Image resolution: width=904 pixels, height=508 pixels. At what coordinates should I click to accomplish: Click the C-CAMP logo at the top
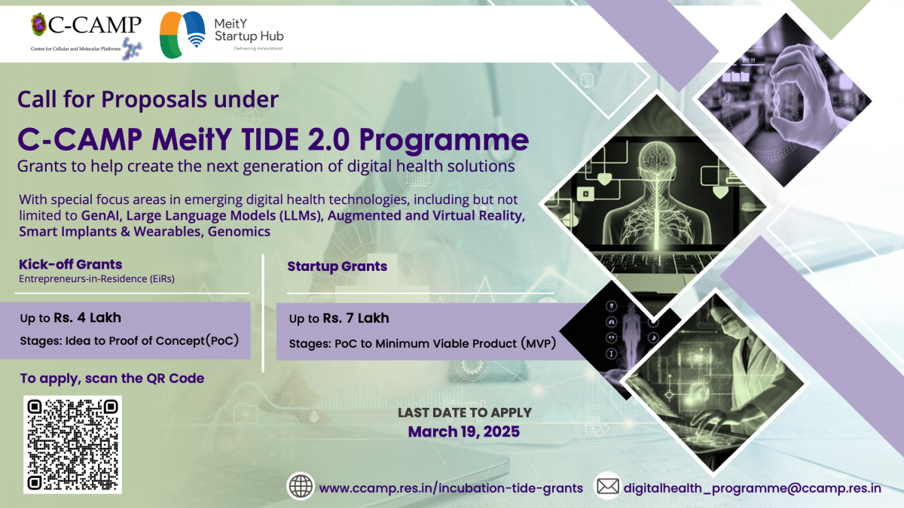[x=87, y=36]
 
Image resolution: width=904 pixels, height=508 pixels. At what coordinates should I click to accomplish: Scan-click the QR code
[x=72, y=444]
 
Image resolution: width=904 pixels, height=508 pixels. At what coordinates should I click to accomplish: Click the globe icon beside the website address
[x=301, y=486]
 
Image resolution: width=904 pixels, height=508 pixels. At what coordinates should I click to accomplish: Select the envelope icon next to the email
[x=608, y=486]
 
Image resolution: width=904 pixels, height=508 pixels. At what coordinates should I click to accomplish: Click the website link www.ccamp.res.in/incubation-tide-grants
[x=450, y=488]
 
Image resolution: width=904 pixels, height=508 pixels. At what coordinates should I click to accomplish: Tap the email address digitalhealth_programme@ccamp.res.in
[x=753, y=488]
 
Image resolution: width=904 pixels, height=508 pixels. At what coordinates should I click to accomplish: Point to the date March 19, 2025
[x=464, y=432]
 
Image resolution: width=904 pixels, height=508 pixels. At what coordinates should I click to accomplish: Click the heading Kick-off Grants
[x=70, y=264]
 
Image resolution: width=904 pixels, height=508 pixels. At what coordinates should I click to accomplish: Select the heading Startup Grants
[x=337, y=266]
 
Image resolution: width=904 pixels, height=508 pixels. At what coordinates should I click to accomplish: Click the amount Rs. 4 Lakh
[x=87, y=318]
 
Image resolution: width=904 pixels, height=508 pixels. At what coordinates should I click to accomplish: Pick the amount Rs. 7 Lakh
[x=356, y=318]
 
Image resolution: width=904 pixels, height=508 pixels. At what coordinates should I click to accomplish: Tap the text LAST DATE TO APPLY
[x=465, y=412]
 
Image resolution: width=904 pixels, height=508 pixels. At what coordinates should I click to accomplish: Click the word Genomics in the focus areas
[x=239, y=232]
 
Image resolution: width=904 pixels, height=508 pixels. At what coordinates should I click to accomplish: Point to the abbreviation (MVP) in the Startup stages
[x=538, y=343]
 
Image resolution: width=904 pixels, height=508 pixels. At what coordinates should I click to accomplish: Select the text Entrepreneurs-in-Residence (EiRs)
[x=96, y=278]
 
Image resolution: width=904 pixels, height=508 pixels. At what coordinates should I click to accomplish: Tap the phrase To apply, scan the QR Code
[x=112, y=379]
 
